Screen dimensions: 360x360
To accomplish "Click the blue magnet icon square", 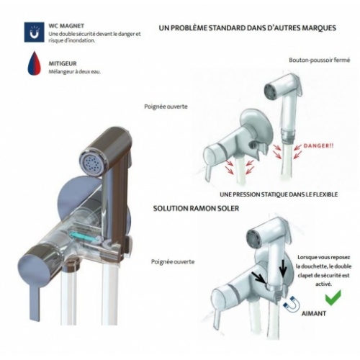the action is [x=34, y=32].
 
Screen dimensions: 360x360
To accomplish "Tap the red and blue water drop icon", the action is [x=35, y=63].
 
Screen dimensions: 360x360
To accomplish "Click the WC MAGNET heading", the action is [x=66, y=26].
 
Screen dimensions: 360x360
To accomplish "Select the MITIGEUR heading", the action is [x=63, y=64].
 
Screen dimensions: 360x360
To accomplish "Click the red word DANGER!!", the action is [x=318, y=145].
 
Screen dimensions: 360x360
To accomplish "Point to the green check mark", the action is [x=333, y=297].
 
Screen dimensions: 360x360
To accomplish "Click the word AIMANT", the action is [x=313, y=313].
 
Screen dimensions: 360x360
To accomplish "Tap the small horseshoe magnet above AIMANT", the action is [x=292, y=304].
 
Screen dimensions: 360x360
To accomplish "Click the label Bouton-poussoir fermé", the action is [x=320, y=60].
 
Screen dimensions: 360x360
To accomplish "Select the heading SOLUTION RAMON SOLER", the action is [x=196, y=208].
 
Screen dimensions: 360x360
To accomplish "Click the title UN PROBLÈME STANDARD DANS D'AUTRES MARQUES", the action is [x=247, y=28].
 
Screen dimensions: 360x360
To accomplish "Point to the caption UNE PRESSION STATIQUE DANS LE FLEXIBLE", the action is [x=279, y=194].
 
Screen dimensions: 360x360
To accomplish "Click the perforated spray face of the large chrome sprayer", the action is [x=91, y=161].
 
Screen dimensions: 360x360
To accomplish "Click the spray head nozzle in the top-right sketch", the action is [x=271, y=91].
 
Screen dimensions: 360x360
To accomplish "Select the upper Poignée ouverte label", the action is [x=166, y=107].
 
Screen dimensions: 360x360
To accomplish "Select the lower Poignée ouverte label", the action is [x=173, y=262].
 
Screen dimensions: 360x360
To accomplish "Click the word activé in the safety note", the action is [x=323, y=284].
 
